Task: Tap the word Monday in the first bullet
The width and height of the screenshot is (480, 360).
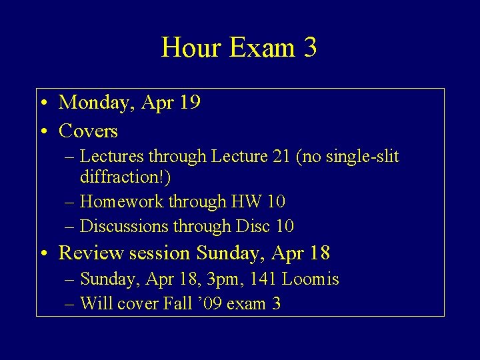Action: [x=97, y=102]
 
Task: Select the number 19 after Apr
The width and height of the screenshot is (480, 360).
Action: [x=190, y=102]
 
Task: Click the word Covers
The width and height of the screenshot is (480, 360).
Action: [x=88, y=131]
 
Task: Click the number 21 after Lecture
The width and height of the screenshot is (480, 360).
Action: [x=280, y=157]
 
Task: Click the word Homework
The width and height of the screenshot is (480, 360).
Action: [x=120, y=201]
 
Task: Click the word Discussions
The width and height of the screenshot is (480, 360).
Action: [x=124, y=226]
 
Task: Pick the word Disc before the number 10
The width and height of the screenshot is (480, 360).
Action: [x=251, y=226]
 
